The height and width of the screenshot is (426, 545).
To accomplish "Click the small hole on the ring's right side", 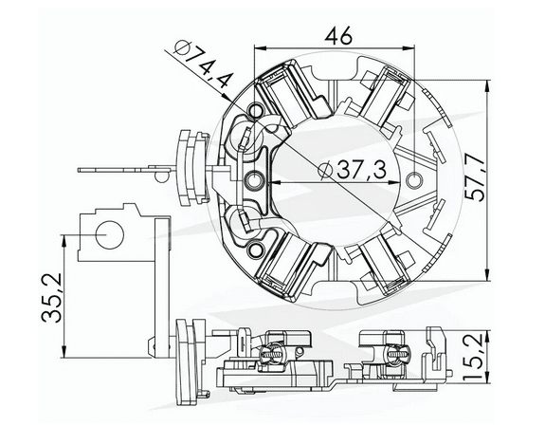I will coord(410,179).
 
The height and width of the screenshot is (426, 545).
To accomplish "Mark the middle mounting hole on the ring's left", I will coord(253,179).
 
